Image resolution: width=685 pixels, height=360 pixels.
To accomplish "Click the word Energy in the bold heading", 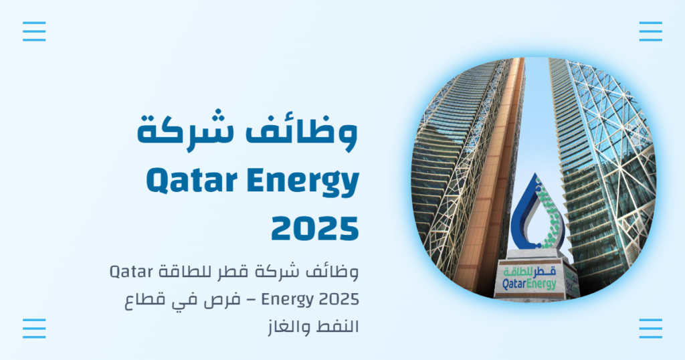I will coord(307,182).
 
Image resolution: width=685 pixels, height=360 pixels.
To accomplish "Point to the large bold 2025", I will coord(314,228).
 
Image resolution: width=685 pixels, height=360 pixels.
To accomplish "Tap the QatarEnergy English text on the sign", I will coord(528,284).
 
